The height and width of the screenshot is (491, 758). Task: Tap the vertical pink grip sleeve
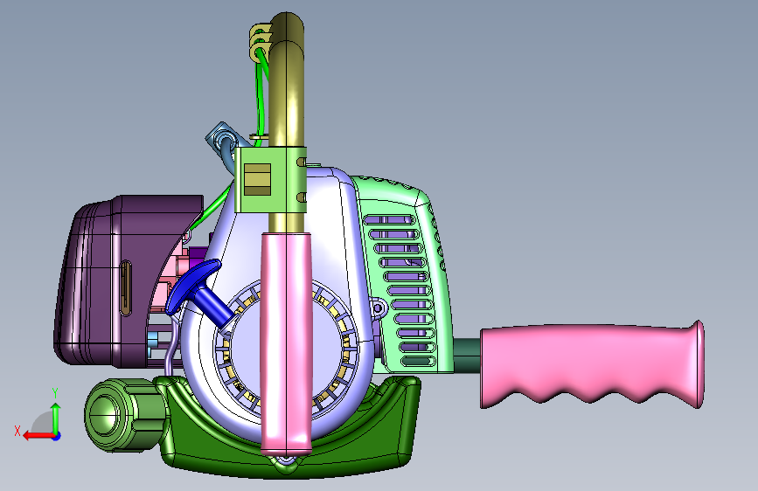[x=286, y=343]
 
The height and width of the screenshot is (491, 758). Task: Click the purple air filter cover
[x=121, y=280]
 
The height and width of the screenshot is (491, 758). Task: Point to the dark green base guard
[x=290, y=435]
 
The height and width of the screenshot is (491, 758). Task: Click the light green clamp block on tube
[x=270, y=180]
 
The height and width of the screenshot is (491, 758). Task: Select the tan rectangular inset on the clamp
[x=257, y=180]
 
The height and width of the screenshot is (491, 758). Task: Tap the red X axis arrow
[x=38, y=436]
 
